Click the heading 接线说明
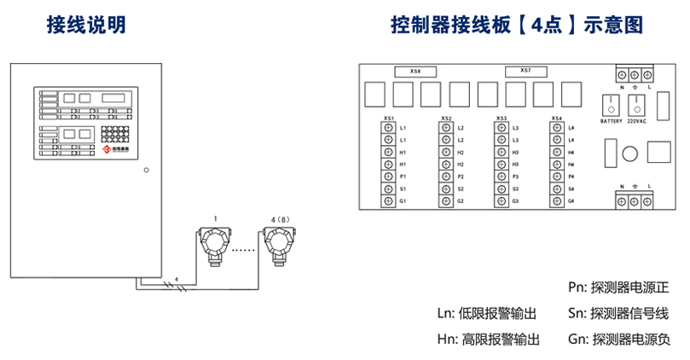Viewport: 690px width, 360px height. (x=86, y=26)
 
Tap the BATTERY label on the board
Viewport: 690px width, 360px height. (x=611, y=121)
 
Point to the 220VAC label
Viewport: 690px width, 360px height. (x=636, y=121)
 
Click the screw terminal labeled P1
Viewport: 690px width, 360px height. (x=387, y=176)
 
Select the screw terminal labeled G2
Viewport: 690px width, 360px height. (x=444, y=200)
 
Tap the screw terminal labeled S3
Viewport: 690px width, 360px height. (x=500, y=189)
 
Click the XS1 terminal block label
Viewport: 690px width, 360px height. (x=389, y=119)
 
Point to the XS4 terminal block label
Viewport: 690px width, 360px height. (x=557, y=119)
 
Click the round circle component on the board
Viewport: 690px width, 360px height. (x=629, y=154)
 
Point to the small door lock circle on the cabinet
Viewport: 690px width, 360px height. (x=146, y=170)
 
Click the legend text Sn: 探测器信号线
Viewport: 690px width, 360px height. (x=619, y=313)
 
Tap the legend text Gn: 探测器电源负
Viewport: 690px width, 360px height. (x=619, y=340)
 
